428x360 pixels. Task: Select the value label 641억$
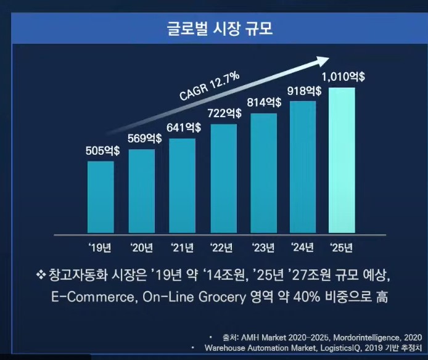click(184, 128)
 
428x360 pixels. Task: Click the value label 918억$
click(305, 91)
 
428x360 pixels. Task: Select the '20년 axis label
click(142, 248)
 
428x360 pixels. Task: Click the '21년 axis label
click(183, 248)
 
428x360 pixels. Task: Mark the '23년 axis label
click(263, 248)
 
